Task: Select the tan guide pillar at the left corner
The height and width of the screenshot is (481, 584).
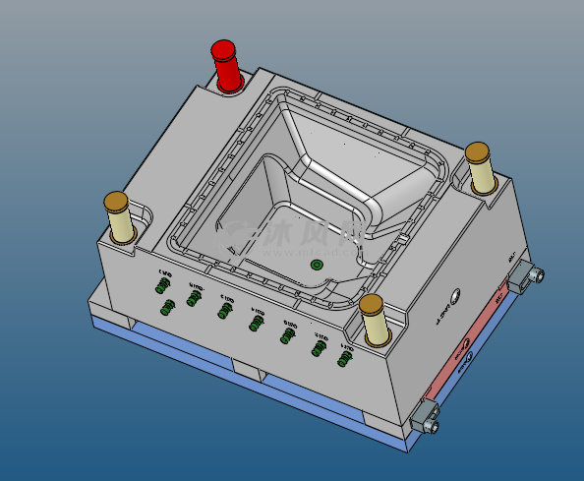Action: (x=122, y=220)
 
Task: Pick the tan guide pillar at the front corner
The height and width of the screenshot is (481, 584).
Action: (x=373, y=321)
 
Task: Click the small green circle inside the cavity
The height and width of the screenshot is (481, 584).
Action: (x=317, y=266)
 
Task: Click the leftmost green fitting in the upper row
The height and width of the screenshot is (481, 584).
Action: (x=161, y=285)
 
